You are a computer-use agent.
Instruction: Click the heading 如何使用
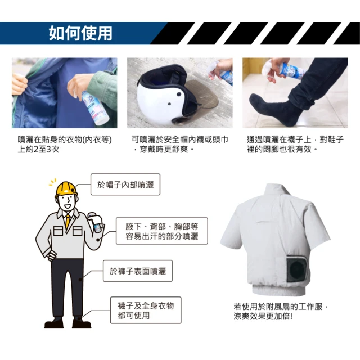[80, 33]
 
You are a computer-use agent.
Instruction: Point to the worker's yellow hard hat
[66, 189]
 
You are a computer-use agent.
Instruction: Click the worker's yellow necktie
[67, 221]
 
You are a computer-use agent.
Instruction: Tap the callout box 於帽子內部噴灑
[125, 184]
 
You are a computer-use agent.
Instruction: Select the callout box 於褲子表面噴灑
[138, 271]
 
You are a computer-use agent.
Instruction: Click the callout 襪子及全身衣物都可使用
[146, 310]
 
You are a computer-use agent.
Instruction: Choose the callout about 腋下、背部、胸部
[162, 231]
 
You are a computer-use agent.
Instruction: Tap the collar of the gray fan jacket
[276, 192]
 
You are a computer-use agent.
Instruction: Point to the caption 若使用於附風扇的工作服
[280, 311]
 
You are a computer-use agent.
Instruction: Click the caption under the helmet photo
[179, 144]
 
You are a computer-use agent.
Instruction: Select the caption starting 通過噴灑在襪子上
[295, 144]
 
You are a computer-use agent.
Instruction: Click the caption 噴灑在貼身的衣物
[65, 144]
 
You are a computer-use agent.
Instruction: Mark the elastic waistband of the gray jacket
[279, 290]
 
